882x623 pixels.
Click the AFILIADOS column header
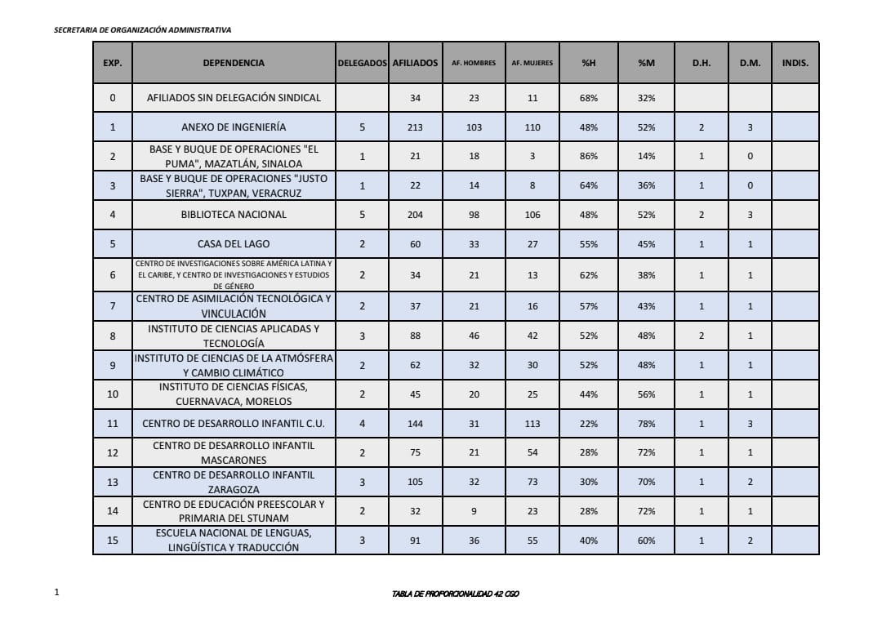tap(415, 63)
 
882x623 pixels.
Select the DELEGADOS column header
tap(362, 63)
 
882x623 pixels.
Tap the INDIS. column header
tap(795, 63)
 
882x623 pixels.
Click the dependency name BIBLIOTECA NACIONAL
tap(234, 215)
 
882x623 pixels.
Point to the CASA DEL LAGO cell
tap(234, 244)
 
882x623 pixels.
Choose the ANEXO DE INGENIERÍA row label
tap(234, 127)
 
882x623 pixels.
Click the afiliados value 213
tap(415, 127)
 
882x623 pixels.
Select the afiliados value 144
tap(415, 424)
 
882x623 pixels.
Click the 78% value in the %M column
tap(646, 424)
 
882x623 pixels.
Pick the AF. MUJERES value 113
tap(532, 424)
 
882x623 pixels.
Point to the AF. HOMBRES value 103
tap(474, 127)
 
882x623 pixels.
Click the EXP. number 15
tap(113, 541)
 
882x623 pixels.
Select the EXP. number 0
tap(113, 98)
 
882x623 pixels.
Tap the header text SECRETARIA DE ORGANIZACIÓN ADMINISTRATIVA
tap(142, 29)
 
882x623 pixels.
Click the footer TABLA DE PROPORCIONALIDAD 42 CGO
tap(456, 594)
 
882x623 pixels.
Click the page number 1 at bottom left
tap(56, 593)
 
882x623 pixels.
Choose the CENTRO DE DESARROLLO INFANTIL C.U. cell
tap(234, 424)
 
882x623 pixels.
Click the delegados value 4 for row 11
tap(362, 424)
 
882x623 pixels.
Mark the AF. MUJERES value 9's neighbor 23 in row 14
tap(532, 511)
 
